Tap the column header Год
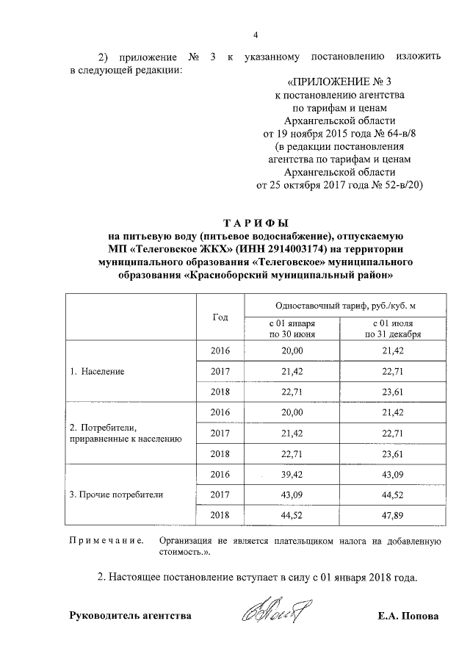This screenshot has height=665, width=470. click(x=220, y=317)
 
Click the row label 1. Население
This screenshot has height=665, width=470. click(x=97, y=372)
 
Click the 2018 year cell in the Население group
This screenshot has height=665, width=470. click(x=220, y=392)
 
